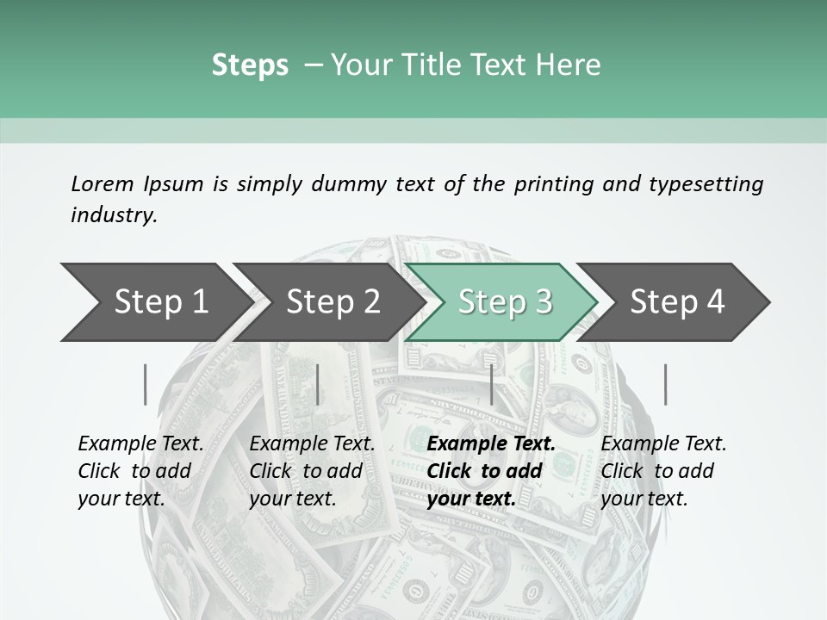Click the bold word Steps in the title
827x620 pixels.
click(250, 65)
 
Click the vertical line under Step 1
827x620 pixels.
click(146, 384)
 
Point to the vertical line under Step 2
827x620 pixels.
click(318, 384)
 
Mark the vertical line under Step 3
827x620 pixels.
click(491, 384)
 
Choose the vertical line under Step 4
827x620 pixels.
click(665, 384)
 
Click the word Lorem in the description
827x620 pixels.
click(102, 183)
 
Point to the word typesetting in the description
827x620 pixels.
click(706, 184)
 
